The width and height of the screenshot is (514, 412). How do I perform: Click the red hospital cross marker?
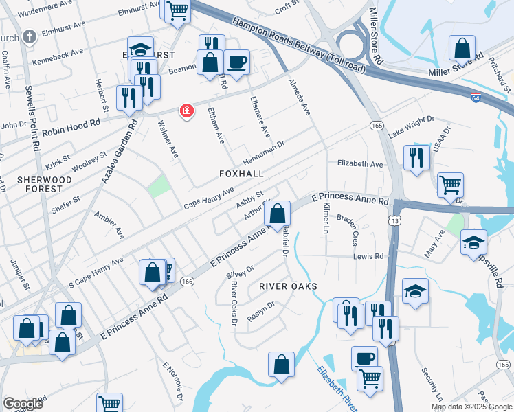click(x=186, y=111)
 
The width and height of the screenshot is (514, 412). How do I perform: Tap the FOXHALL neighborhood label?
click(x=241, y=174)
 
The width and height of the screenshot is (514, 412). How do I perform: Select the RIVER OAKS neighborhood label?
click(x=288, y=286)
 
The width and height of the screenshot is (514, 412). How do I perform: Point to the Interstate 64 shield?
click(x=476, y=98)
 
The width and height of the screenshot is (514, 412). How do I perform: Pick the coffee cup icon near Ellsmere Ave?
click(x=236, y=62)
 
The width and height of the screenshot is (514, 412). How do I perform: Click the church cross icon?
click(x=30, y=36)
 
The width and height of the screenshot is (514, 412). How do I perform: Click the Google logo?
click(x=23, y=404)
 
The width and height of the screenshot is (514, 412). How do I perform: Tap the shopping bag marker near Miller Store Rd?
click(x=462, y=48)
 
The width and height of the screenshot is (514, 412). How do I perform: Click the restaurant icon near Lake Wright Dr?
click(x=416, y=158)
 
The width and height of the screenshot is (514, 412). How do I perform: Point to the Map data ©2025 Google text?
click(x=471, y=407)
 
